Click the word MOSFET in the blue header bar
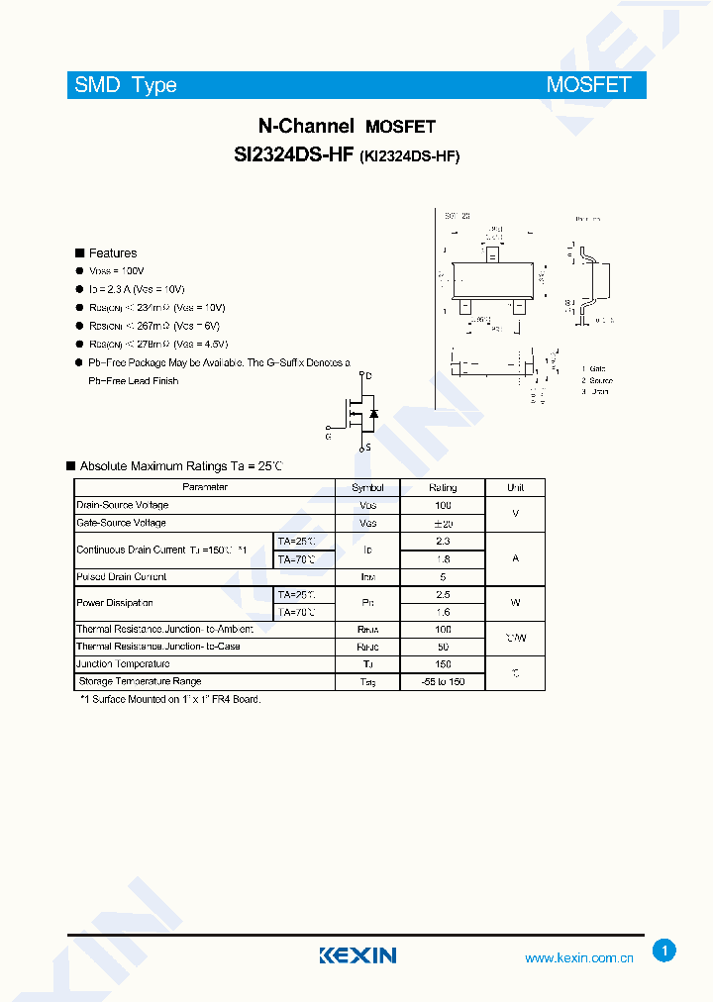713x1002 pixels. pos(588,85)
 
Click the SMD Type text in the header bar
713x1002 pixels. pos(126,85)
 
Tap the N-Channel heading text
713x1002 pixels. pos(306,126)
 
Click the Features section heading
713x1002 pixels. pos(112,253)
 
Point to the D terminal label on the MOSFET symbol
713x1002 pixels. pos(369,376)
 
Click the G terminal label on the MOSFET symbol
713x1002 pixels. pos(328,435)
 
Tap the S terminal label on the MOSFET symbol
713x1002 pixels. pos(369,448)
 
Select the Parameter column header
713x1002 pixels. pos(205,487)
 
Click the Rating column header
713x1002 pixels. pos(443,487)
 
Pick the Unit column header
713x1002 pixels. pos(515,487)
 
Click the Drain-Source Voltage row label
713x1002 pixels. pos(123,505)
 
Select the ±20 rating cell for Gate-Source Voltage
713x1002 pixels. pos(443,523)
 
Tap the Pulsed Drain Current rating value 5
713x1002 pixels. pos(443,576)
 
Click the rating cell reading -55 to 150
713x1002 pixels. pos(443,681)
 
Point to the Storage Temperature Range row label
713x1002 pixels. pos(140,681)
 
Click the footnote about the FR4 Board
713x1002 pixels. pos(170,699)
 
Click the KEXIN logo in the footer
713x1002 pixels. pos(357,955)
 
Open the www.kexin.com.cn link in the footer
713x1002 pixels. pos(578,958)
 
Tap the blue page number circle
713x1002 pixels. pos(664,952)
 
